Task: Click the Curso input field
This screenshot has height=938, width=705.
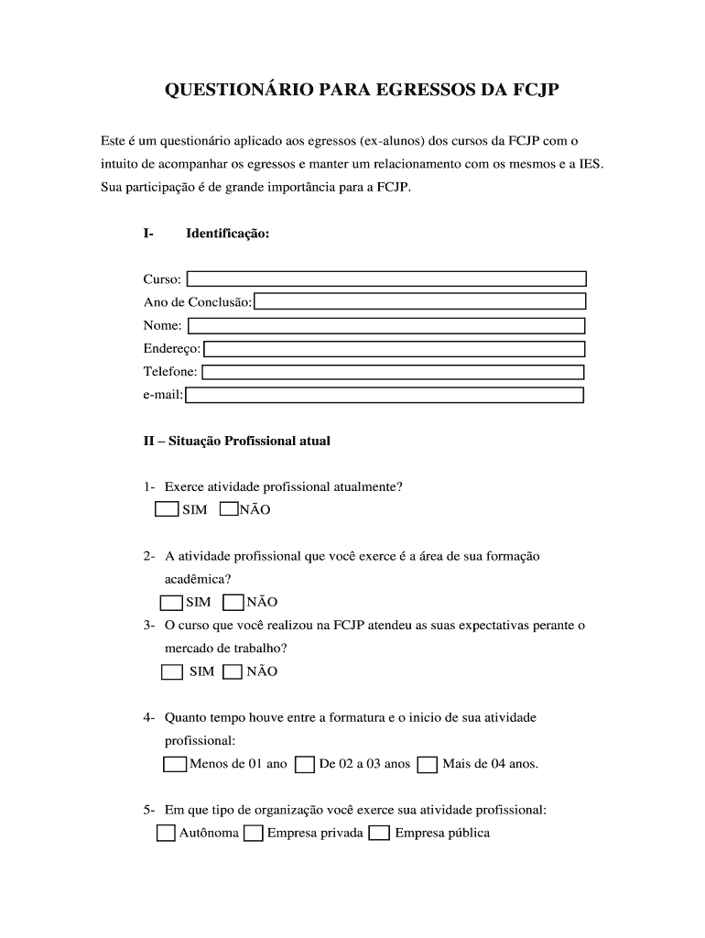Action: [x=385, y=278]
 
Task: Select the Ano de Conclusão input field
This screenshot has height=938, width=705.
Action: [x=419, y=301]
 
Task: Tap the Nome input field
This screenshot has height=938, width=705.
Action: [x=385, y=325]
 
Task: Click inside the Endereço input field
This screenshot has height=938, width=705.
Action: [x=394, y=348]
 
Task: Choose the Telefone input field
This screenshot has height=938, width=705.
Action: [x=393, y=372]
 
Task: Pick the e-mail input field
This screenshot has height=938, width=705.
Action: [x=385, y=395]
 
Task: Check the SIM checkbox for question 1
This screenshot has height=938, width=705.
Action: [x=166, y=509]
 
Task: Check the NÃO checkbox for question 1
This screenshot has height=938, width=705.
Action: [x=229, y=509]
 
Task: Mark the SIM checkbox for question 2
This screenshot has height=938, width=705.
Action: [x=171, y=602]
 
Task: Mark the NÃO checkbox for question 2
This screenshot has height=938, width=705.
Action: [x=233, y=602]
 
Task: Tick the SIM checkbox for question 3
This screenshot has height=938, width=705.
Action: [x=172, y=671]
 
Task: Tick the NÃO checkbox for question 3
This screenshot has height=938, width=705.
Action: [x=233, y=671]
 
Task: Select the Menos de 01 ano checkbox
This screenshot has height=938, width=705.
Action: [x=175, y=764]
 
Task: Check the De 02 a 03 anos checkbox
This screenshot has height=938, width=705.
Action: [x=305, y=764]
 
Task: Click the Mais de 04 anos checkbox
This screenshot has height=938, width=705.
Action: [x=427, y=764]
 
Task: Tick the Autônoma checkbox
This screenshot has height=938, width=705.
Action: [x=166, y=833]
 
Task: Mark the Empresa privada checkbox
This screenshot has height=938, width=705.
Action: [x=254, y=833]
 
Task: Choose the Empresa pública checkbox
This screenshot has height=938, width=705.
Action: [x=379, y=833]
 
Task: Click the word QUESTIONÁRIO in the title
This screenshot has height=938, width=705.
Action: [x=237, y=90]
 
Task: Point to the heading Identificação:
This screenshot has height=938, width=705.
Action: [x=227, y=234]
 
